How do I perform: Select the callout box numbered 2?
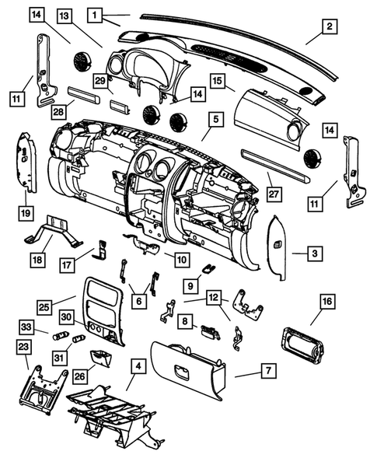pos(330,26)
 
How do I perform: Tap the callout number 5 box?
pos(215,120)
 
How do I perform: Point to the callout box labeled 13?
pos(65,16)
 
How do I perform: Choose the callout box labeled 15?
pos(216,80)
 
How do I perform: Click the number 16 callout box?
pos(326,299)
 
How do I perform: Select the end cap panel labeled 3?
pos(279,251)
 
